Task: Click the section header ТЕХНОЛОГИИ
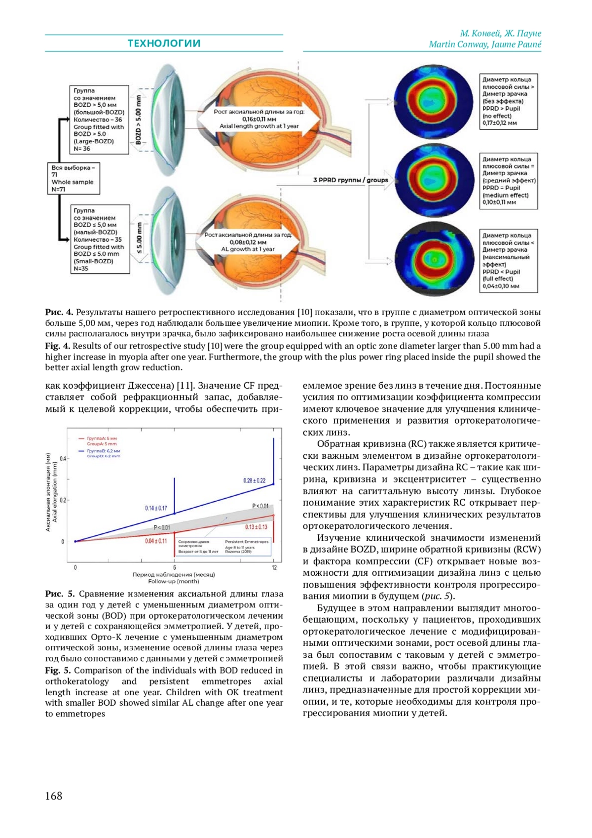click(x=164, y=43)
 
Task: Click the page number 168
click(x=54, y=796)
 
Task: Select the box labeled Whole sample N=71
click(x=74, y=178)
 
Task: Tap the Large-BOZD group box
click(x=99, y=120)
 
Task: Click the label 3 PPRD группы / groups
click(x=350, y=180)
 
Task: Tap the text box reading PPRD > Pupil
click(x=508, y=102)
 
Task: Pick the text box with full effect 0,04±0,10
click(x=508, y=260)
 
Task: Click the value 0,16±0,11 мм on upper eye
click(x=259, y=119)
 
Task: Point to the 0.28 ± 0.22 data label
click(x=254, y=480)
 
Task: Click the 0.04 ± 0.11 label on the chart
click(x=156, y=541)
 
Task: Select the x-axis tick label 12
click(x=274, y=568)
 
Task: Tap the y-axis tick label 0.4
click(x=63, y=459)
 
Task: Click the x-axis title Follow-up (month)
click(x=173, y=581)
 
